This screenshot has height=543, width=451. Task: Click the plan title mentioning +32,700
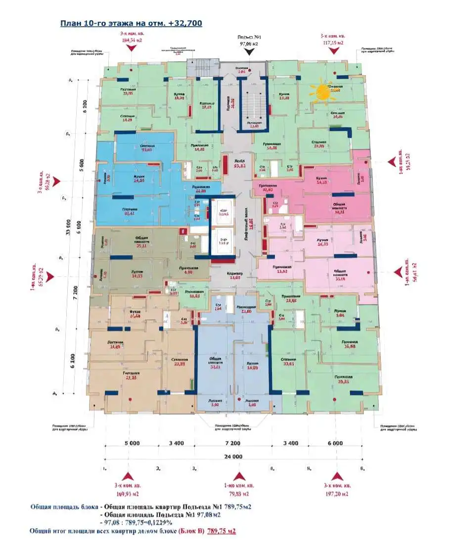(x=131, y=23)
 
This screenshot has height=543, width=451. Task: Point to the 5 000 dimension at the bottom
(x=131, y=444)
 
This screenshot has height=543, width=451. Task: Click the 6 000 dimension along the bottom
(x=335, y=444)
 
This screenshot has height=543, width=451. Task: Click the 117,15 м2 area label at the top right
(x=333, y=43)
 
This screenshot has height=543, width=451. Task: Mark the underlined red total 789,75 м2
(x=221, y=531)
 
